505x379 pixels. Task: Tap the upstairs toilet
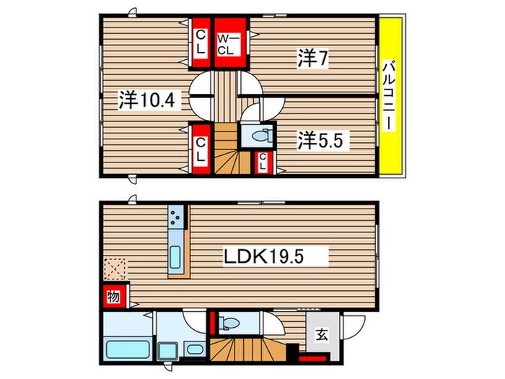click(x=257, y=136)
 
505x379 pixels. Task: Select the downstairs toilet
click(x=232, y=321)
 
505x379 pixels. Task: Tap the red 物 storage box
click(x=114, y=295)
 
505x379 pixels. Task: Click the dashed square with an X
click(x=114, y=270)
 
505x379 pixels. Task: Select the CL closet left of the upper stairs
click(x=200, y=148)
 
